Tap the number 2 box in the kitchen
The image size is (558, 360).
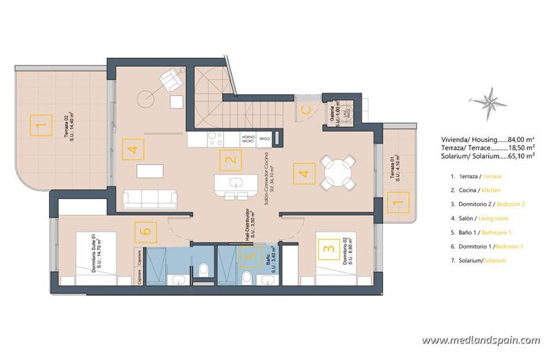click(x=230, y=162)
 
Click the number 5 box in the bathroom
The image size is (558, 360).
click(x=250, y=255)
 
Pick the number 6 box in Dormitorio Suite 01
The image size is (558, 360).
click(x=143, y=232)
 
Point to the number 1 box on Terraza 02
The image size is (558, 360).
click(x=36, y=124)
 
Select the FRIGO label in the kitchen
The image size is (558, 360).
click(x=264, y=140)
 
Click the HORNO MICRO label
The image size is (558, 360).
click(x=248, y=140)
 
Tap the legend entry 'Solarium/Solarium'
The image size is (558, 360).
click(x=483, y=260)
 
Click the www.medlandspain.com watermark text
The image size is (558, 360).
click(x=484, y=341)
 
